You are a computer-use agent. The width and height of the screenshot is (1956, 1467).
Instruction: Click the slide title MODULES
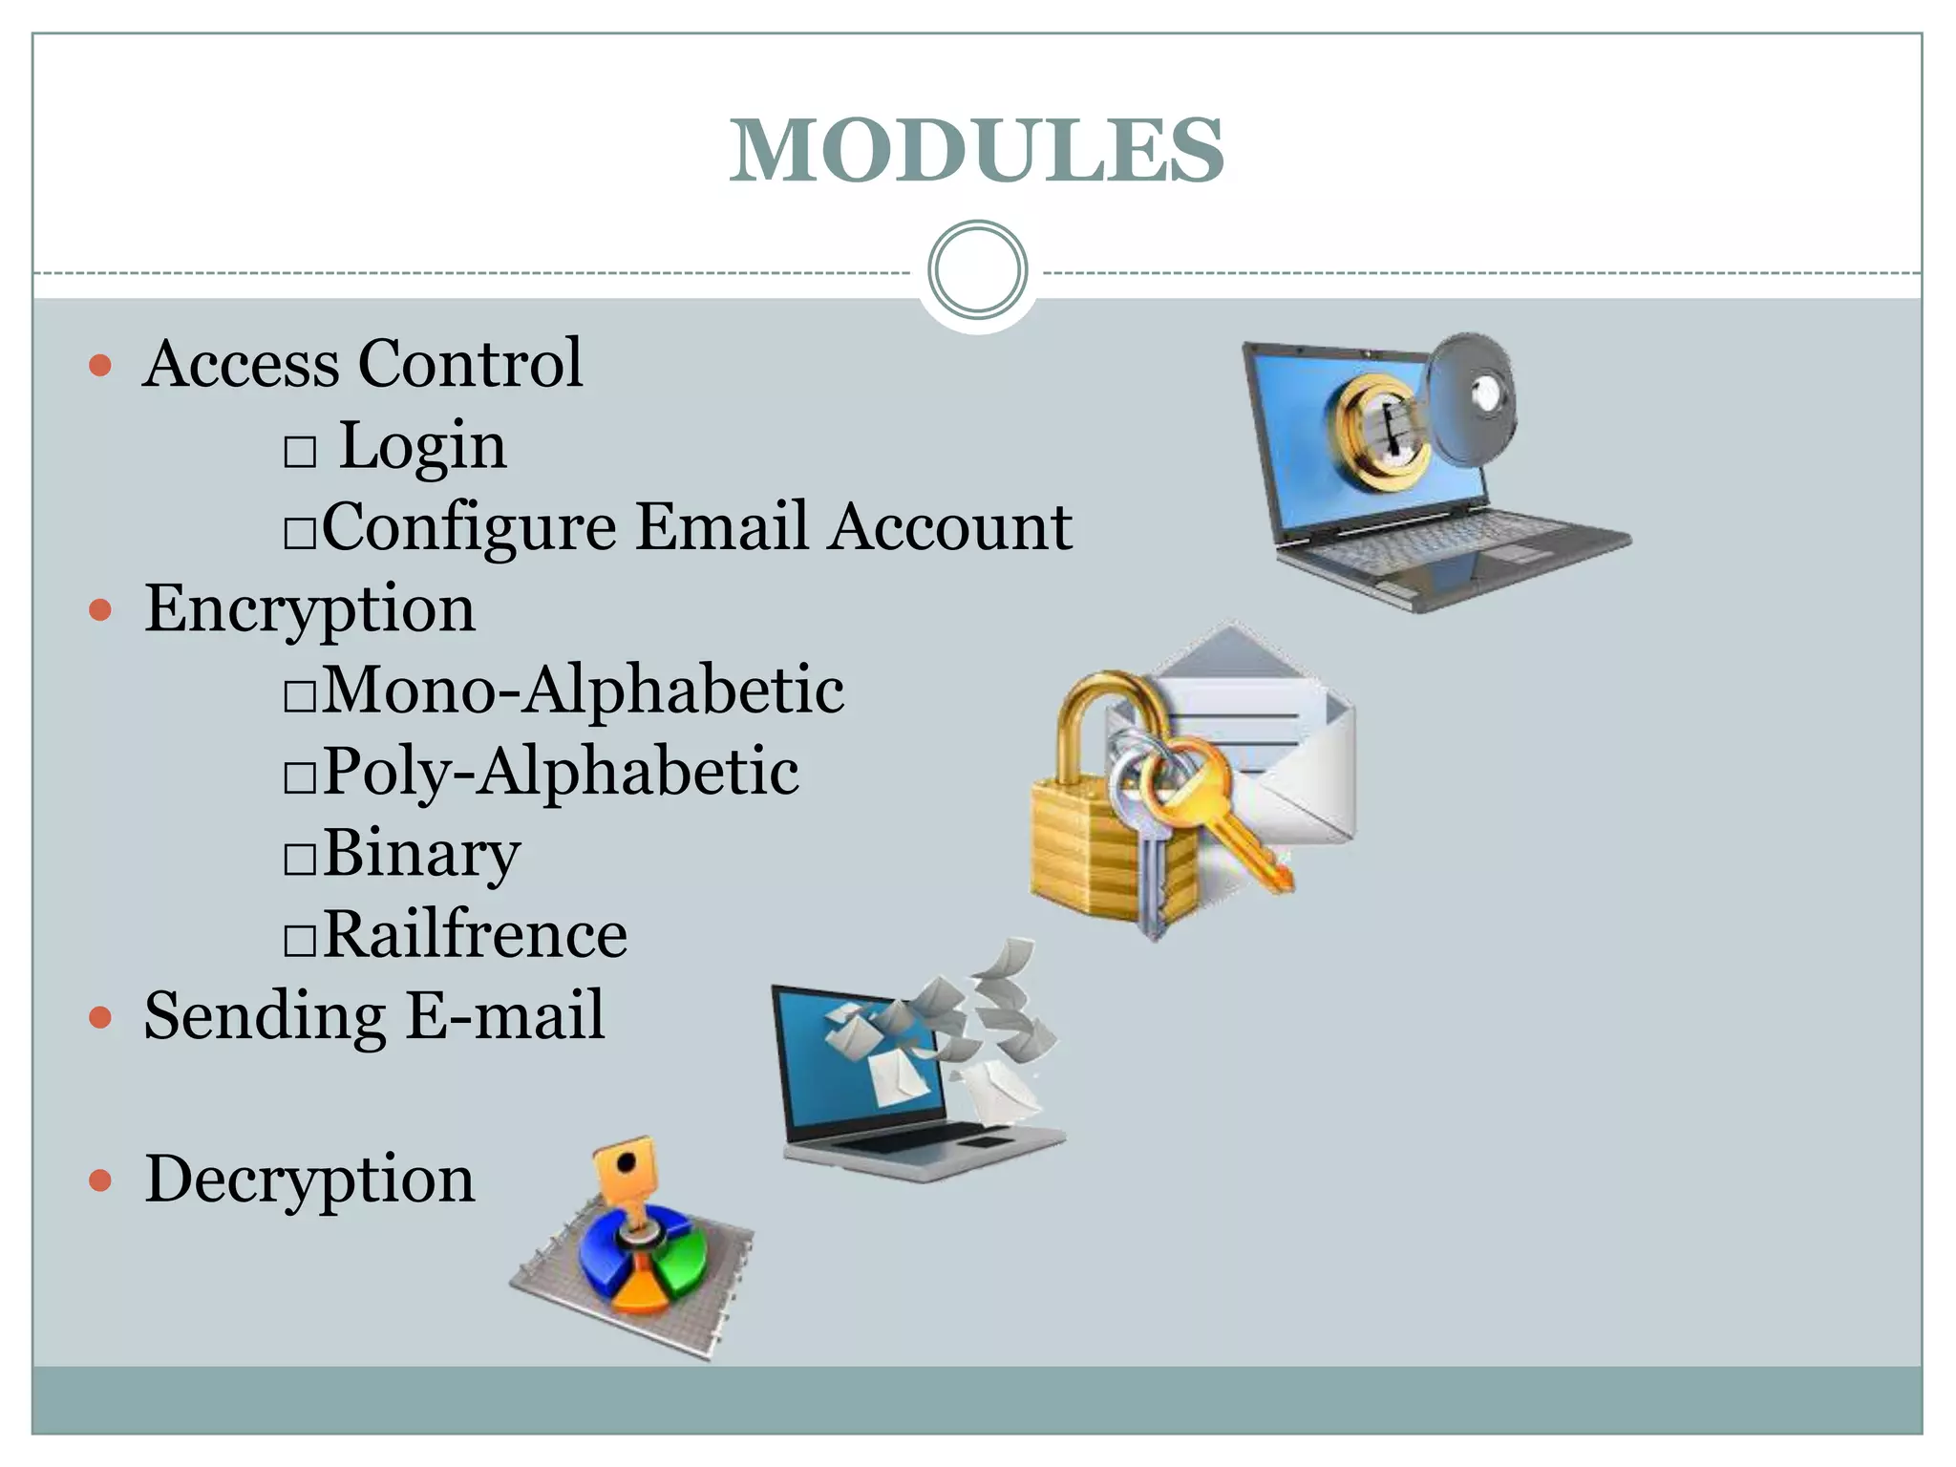976,150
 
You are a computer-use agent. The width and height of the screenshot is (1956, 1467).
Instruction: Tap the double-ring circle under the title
977,269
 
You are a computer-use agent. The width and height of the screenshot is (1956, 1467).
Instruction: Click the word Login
423,446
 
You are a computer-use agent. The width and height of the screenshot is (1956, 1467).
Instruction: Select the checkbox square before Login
300,451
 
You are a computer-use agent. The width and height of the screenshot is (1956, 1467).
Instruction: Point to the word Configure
469,528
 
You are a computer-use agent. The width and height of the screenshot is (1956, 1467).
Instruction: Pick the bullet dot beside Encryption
100,609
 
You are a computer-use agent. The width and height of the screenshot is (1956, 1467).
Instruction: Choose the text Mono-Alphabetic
584,690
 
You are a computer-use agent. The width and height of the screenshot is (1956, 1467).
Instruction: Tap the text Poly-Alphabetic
561,771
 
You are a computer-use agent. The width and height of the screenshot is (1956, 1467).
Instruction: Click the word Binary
422,853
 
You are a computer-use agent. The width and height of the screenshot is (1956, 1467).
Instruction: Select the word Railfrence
476,934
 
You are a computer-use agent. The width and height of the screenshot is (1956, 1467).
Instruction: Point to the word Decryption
309,1180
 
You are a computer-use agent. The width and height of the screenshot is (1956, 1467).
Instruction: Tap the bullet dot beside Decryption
100,1181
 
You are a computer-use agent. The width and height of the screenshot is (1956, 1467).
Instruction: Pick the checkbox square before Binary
300,859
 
